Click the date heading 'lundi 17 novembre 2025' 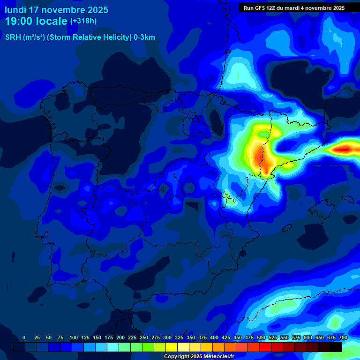(56, 10)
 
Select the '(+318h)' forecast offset (83, 21)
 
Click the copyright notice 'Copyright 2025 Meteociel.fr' (199, 356)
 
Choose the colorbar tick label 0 (24, 337)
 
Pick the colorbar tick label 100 (73, 337)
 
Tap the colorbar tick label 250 (143, 337)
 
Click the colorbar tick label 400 (214, 337)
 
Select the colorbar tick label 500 (261, 337)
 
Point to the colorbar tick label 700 (343, 337)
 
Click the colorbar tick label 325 (179, 337)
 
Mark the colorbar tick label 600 (307, 337)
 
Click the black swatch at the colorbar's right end (335, 347)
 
